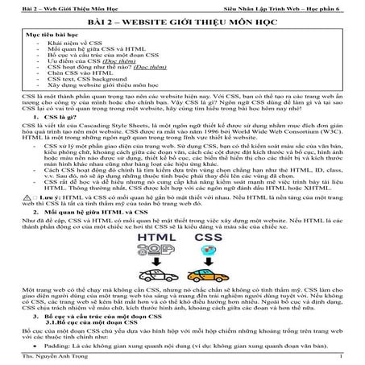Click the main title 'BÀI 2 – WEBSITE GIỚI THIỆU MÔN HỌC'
coord(182,23)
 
